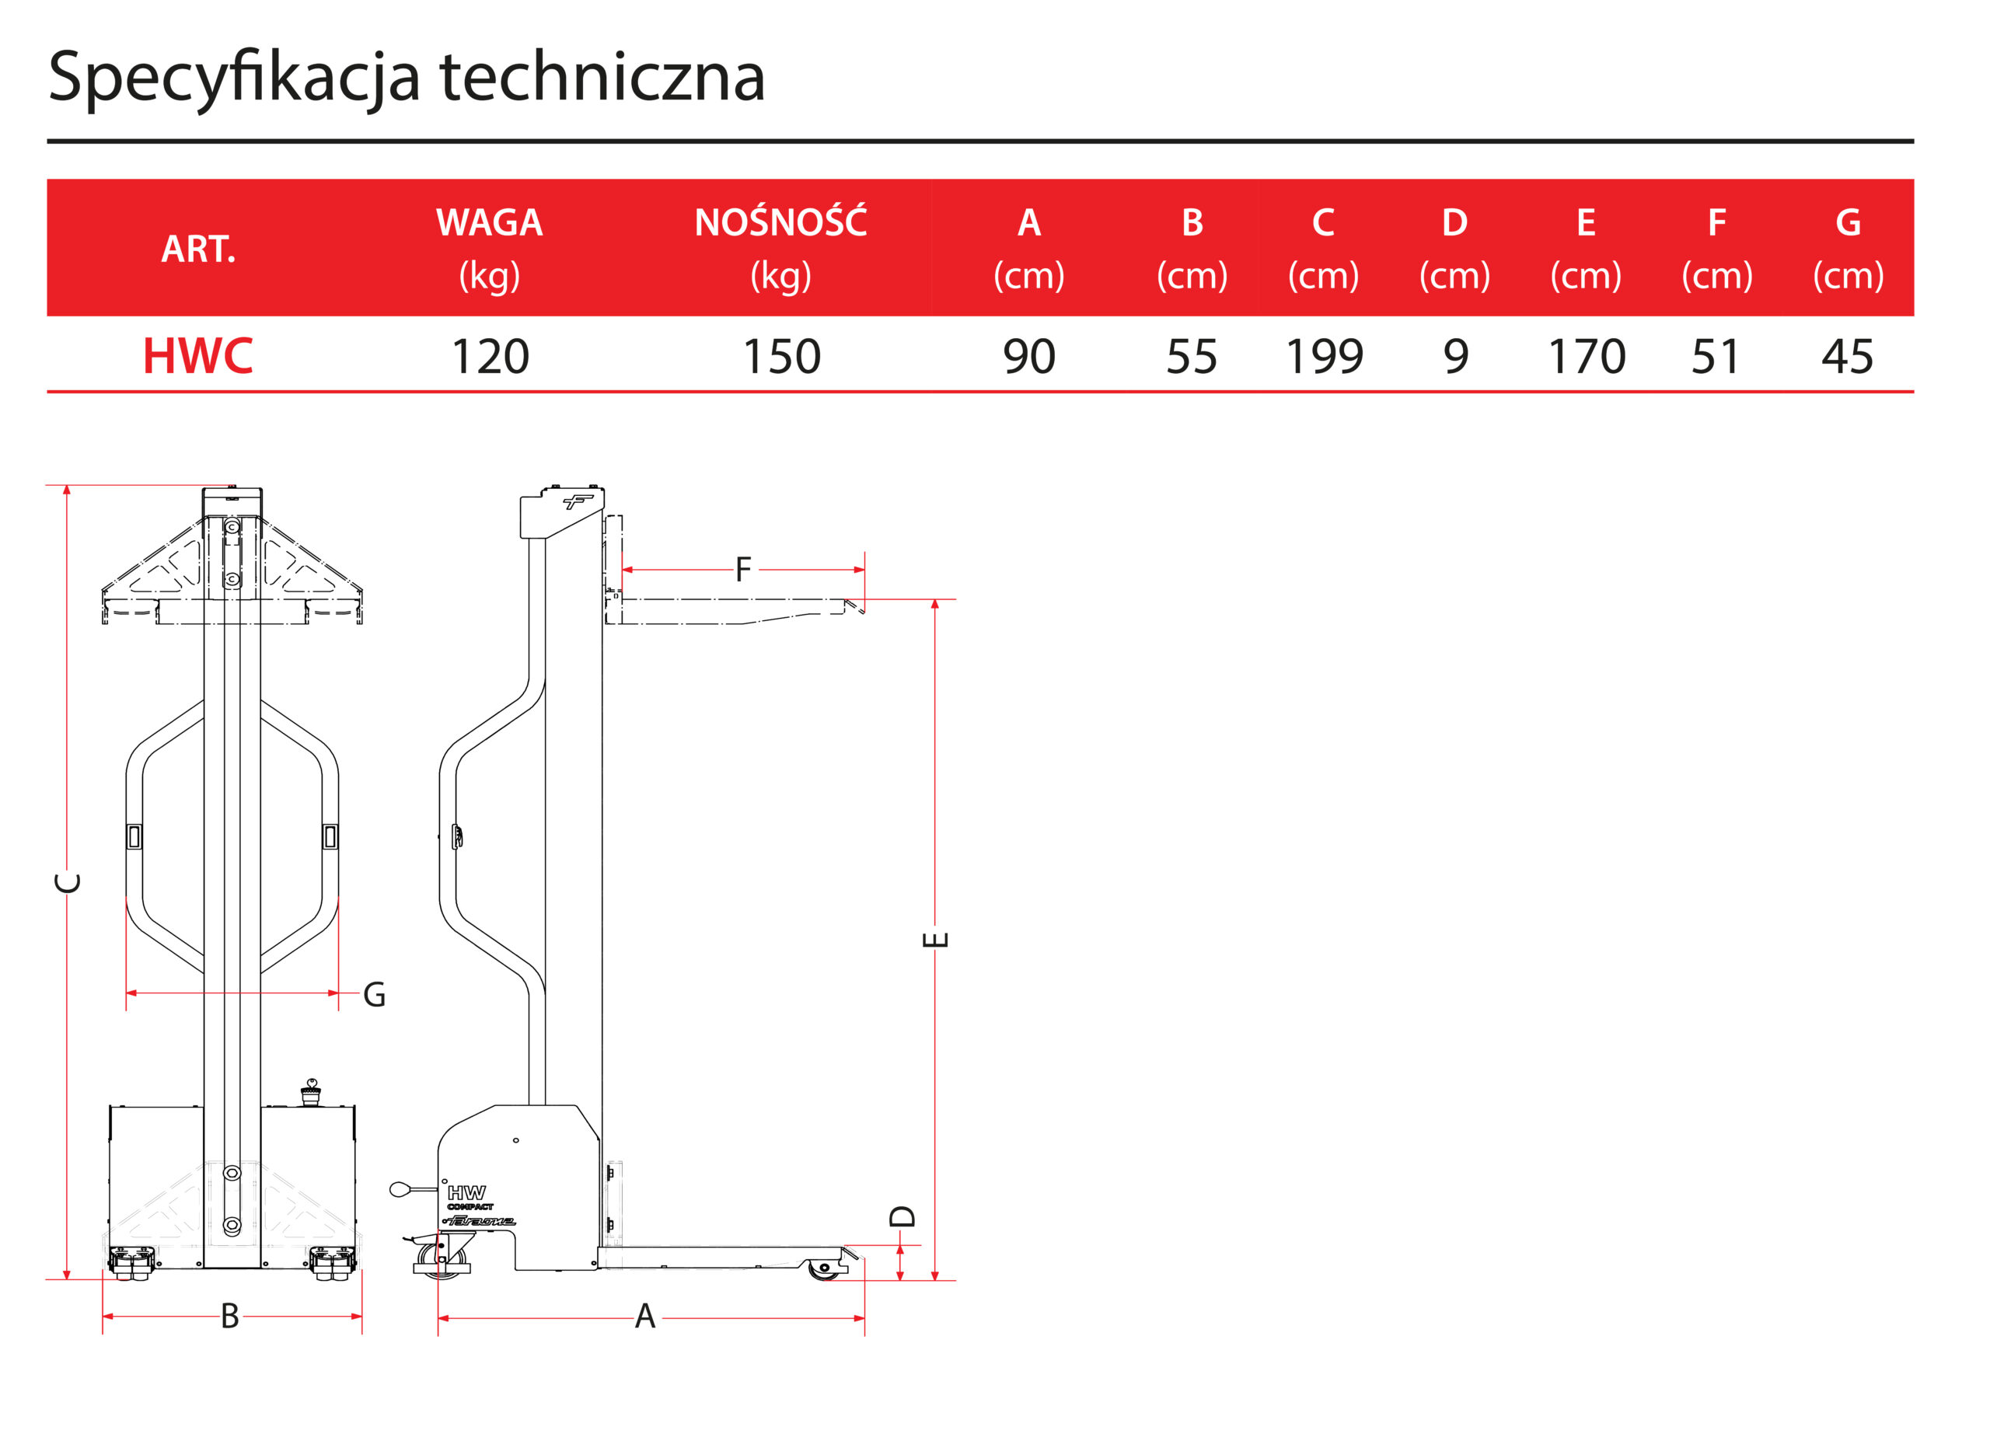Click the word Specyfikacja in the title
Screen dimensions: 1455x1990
click(x=233, y=78)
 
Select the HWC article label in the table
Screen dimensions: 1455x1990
click(x=197, y=356)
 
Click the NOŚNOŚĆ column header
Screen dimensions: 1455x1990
click(x=780, y=223)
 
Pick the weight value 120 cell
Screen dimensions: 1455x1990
click(x=489, y=357)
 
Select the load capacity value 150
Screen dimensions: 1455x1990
click(x=780, y=357)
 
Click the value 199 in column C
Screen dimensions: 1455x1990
click(x=1323, y=357)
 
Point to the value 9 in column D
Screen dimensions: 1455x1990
click(x=1454, y=357)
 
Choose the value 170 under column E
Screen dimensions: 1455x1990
click(x=1586, y=357)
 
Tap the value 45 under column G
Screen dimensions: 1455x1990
click(x=1846, y=357)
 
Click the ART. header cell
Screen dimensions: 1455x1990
click(x=198, y=249)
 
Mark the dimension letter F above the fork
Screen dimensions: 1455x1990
click(x=742, y=570)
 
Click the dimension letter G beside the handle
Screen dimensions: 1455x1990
click(x=375, y=995)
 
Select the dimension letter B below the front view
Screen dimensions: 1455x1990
click(x=229, y=1317)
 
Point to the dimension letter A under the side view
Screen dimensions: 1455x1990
click(x=645, y=1317)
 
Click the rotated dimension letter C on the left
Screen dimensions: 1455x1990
click(x=68, y=882)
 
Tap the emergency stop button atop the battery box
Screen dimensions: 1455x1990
click(x=311, y=1093)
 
